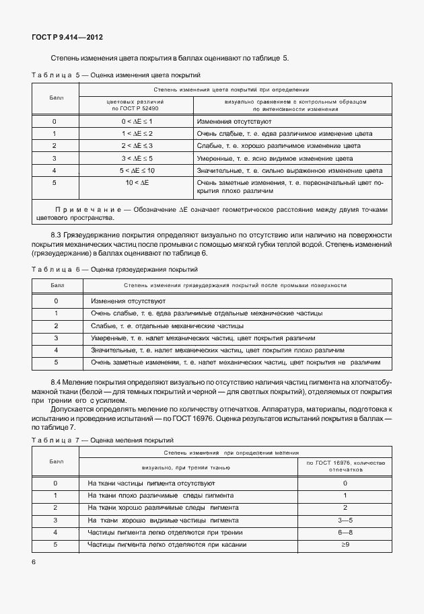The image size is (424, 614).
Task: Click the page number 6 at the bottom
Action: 33,562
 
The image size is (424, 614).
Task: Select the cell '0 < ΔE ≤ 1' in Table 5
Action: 137,121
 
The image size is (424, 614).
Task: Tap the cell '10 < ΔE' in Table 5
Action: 137,182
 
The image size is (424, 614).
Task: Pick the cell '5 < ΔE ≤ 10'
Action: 137,170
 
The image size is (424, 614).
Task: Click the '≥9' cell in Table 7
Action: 345,545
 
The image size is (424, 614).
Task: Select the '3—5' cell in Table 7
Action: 345,520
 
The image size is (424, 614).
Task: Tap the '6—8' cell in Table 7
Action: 345,532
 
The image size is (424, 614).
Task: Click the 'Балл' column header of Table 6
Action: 56,285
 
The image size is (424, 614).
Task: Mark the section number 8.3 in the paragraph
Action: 57,233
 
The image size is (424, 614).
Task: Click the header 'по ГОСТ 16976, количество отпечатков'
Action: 345,466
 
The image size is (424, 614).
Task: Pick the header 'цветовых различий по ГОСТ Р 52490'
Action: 137,104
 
